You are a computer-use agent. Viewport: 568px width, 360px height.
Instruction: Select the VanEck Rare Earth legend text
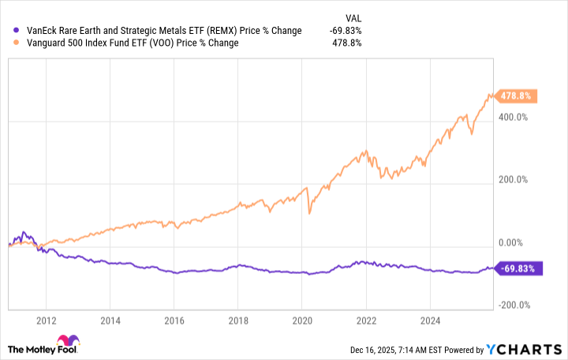(158, 30)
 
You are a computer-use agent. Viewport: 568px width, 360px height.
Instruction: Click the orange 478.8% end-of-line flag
(516, 96)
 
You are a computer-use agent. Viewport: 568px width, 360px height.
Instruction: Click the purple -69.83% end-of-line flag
(516, 268)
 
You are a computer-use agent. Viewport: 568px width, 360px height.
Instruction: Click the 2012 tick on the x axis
(47, 321)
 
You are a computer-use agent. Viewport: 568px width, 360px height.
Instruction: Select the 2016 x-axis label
(174, 321)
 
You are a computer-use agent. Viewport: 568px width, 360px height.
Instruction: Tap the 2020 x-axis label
(302, 321)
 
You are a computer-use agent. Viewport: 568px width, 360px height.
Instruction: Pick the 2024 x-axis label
(430, 321)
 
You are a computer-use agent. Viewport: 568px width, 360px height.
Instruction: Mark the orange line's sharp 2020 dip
(310, 212)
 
